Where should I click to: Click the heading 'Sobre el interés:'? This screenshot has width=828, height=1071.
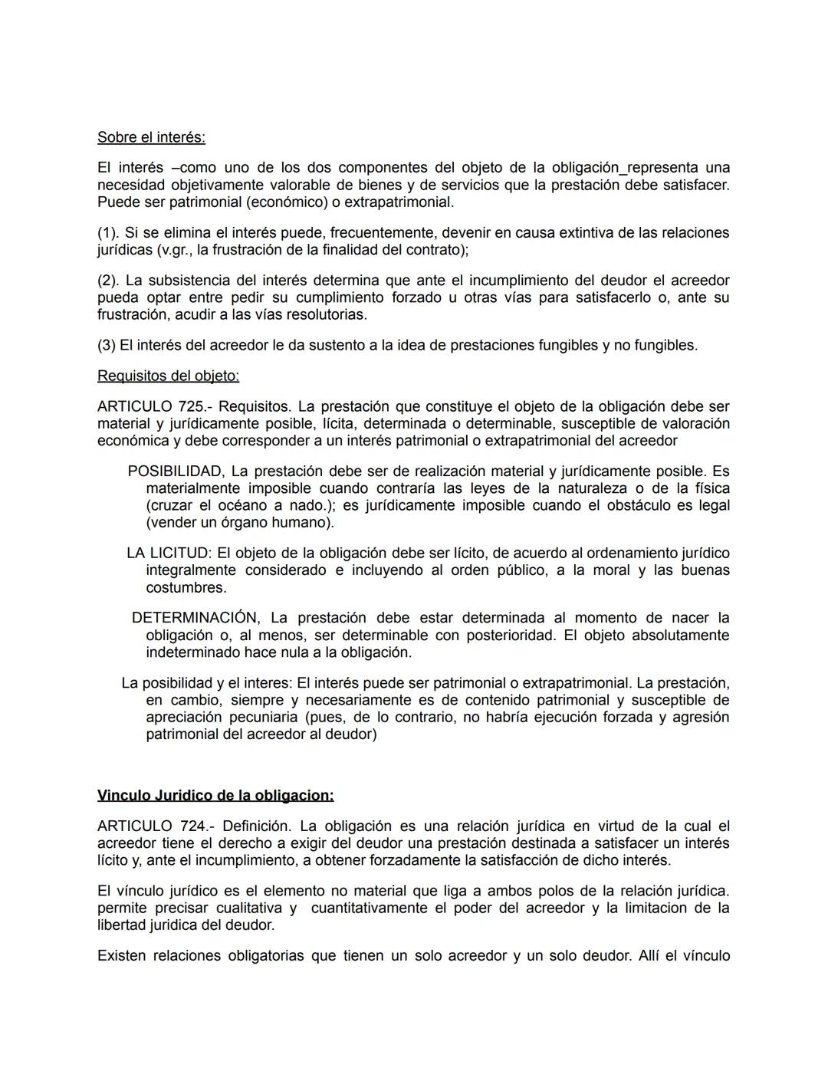coord(151,137)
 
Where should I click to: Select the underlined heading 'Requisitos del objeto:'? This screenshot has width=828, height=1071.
coord(168,376)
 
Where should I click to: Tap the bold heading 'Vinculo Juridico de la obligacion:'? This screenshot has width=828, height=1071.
coord(215,795)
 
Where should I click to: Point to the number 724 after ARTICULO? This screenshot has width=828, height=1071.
coord(189,826)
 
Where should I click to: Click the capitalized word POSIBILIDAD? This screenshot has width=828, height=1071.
coord(176,471)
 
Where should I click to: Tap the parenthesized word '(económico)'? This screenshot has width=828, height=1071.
coord(264,202)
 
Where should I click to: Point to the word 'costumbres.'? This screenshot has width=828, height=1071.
coord(186,588)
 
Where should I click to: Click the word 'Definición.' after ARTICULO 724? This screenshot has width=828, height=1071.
coord(257,826)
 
